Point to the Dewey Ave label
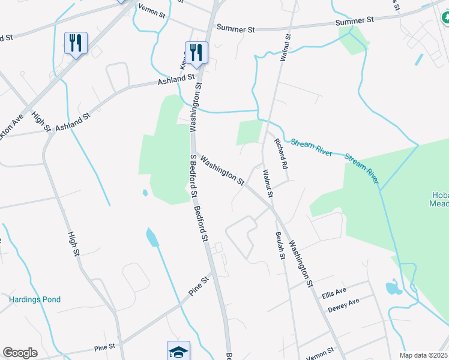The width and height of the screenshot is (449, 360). tap(343, 305)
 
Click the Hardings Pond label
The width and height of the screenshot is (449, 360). tap(35, 299)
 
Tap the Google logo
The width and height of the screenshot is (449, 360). tap(20, 353)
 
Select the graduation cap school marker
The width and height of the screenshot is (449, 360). tap(178, 351)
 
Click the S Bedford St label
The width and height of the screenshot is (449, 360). tap(193, 175)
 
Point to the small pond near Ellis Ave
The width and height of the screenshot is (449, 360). tap(393, 287)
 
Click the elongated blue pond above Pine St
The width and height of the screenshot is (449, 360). tap(152, 237)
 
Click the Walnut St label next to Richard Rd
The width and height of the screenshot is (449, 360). tap(268, 184)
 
